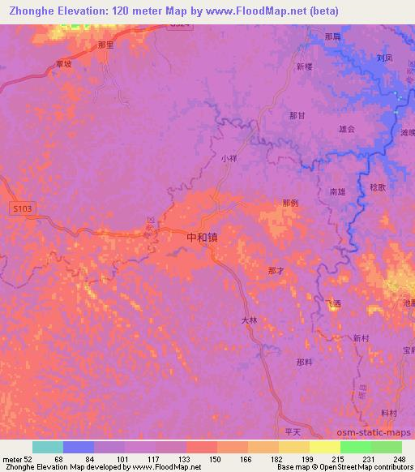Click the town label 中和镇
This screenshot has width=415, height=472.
click(x=202, y=238)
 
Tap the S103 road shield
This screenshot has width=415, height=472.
click(x=23, y=209)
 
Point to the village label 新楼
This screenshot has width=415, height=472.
click(x=304, y=67)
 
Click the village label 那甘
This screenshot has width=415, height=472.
click(x=297, y=115)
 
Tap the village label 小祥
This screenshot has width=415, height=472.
click(x=229, y=159)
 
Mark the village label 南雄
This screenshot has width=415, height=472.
click(x=337, y=192)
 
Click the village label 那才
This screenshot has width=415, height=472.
click(x=276, y=270)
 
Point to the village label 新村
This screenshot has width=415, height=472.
click(x=361, y=338)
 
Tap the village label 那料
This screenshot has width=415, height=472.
click(x=304, y=362)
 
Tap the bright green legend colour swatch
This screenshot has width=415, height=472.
click(x=355, y=447)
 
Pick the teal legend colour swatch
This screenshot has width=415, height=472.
click(x=48, y=447)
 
